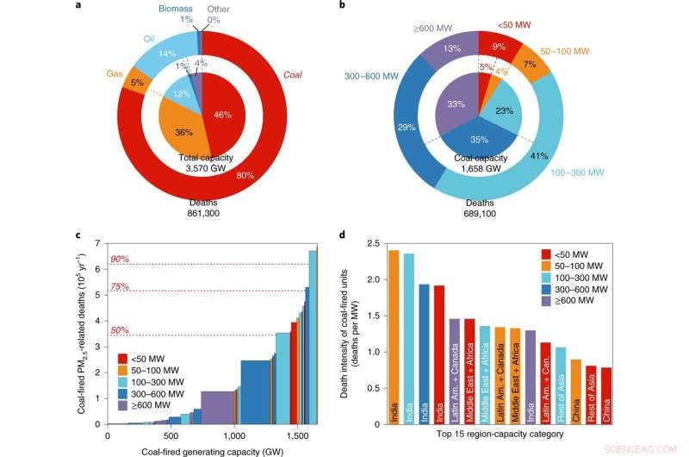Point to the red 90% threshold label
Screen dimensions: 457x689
click(x=119, y=257)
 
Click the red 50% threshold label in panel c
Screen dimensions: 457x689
click(x=119, y=329)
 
